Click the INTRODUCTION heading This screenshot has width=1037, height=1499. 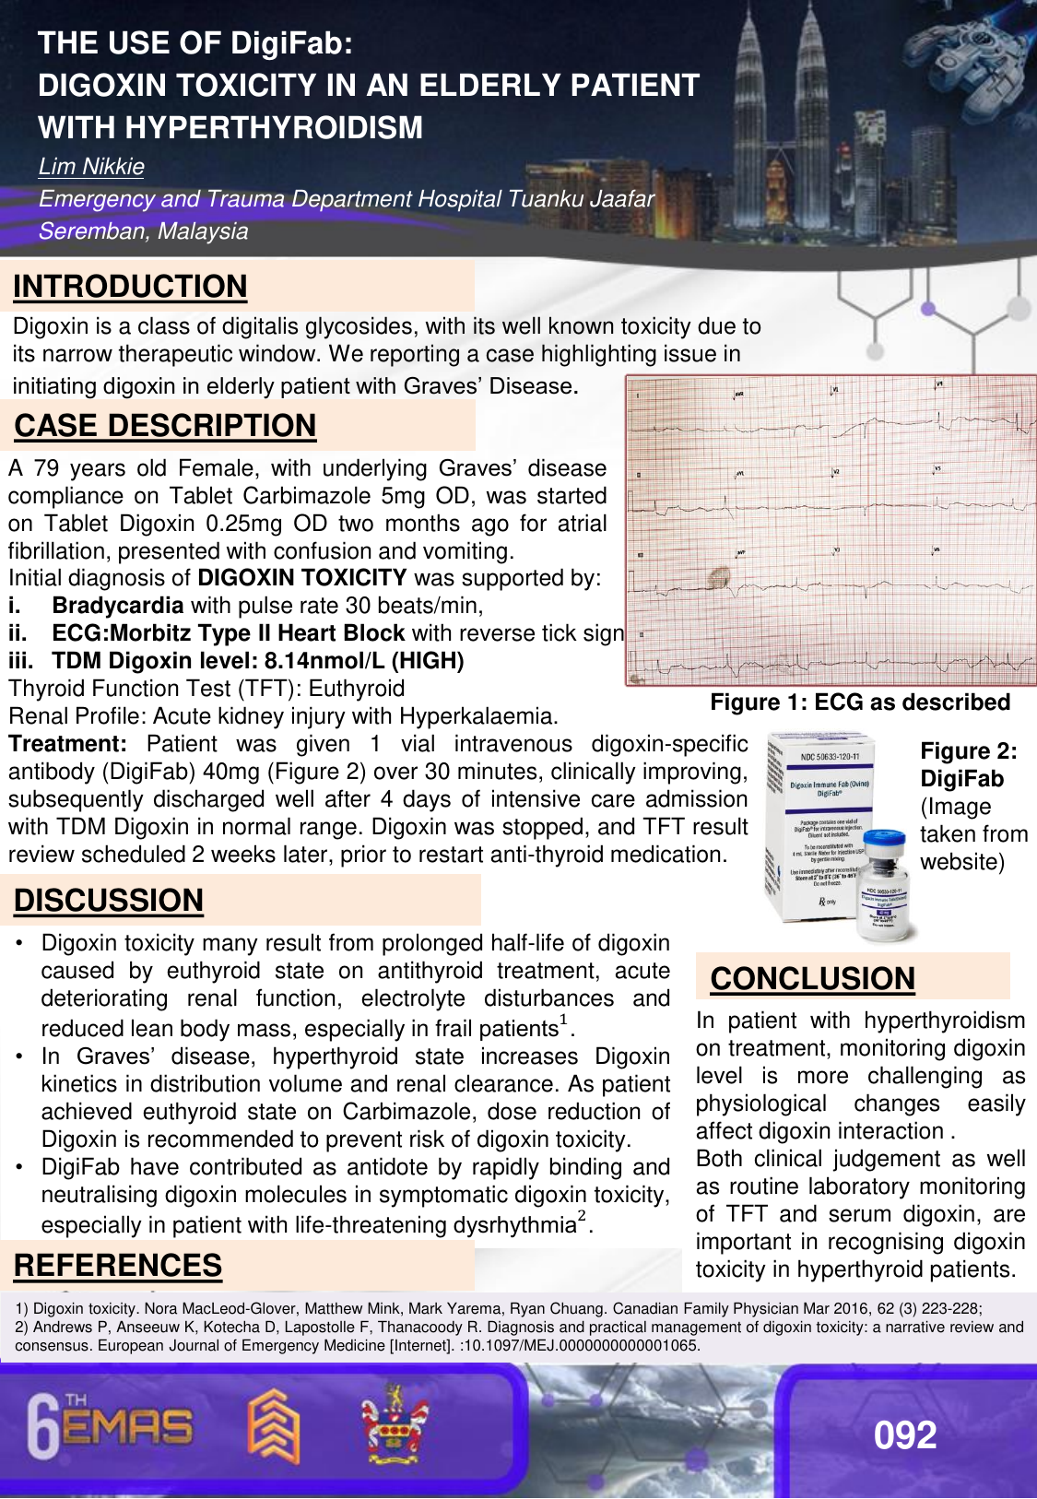tap(130, 287)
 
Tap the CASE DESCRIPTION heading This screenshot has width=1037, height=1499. tap(165, 426)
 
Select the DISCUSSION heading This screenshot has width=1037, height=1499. tap(108, 901)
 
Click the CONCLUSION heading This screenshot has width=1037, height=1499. tap(812, 979)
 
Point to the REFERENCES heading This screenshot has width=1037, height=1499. tap(118, 1266)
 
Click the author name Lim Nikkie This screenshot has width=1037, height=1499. tap(91, 167)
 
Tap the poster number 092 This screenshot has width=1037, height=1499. tap(905, 1435)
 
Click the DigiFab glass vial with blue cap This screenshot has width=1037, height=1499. tap(885, 885)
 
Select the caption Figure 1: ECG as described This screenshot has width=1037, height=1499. tap(860, 702)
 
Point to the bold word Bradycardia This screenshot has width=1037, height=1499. tap(118, 606)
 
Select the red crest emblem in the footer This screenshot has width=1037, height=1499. tap(395, 1424)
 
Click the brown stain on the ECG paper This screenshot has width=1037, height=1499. tap(718, 578)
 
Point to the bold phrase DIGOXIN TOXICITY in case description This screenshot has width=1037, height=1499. tap(302, 578)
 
